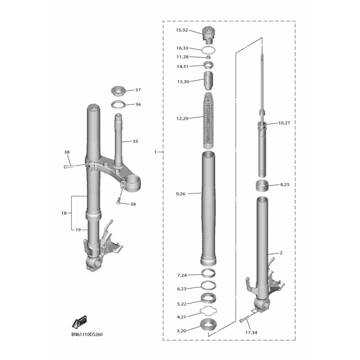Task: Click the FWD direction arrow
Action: click(79, 321)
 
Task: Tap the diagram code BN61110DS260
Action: click(87, 334)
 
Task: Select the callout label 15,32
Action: click(182, 30)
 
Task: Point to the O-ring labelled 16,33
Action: click(208, 49)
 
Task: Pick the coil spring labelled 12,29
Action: click(208, 120)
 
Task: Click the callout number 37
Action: click(138, 90)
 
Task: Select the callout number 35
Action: click(135, 141)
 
